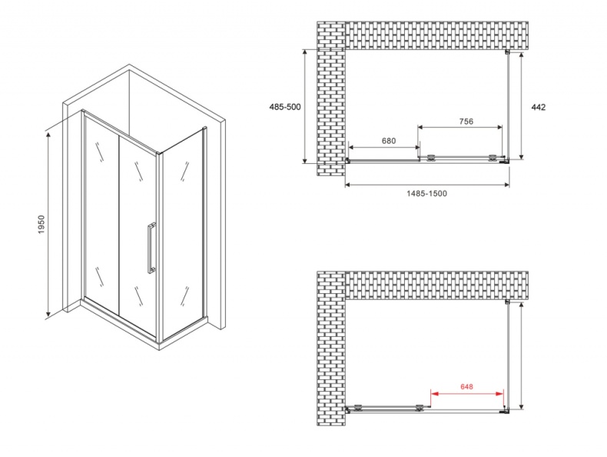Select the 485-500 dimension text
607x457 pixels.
coord(285,107)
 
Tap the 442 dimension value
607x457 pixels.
coord(538,107)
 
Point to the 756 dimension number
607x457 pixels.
coord(465,121)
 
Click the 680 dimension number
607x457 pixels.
coord(388,141)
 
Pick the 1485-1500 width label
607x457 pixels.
coord(427,194)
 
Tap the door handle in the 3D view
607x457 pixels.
coord(152,248)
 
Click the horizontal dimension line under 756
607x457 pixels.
coord(461,127)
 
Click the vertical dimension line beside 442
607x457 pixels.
coord(522,107)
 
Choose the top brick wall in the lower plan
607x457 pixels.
coord(438,285)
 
